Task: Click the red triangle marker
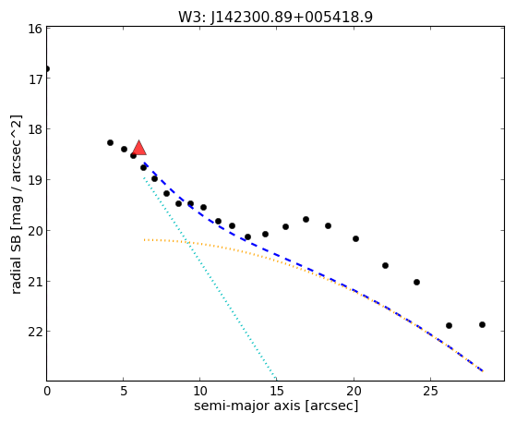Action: (139, 148)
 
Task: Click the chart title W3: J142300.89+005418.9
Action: (275, 17)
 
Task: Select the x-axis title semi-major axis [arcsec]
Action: (276, 406)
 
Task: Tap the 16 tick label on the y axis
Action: (35, 29)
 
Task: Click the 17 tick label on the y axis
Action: (35, 79)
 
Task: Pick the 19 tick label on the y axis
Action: (35, 181)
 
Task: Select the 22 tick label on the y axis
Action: (35, 332)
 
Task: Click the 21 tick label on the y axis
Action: (35, 283)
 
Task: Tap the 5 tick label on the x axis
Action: (124, 391)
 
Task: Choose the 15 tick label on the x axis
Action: (277, 391)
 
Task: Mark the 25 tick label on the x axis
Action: (430, 391)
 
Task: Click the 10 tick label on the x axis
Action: (200, 391)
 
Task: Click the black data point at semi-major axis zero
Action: (47, 69)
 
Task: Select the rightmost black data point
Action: (483, 325)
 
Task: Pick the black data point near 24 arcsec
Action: (416, 283)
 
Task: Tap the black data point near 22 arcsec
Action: (385, 265)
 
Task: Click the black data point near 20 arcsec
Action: (355, 239)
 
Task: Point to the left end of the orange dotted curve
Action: (144, 240)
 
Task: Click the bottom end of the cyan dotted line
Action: (275, 378)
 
